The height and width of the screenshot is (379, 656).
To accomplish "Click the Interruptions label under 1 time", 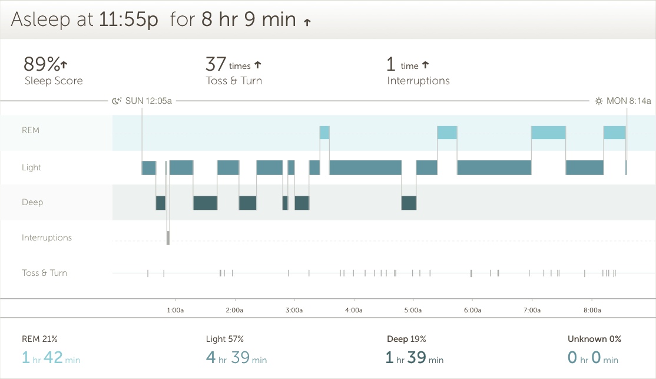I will point(418,81).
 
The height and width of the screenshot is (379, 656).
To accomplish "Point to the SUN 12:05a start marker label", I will point(148,101).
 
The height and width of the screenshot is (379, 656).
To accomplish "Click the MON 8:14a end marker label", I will point(628,101).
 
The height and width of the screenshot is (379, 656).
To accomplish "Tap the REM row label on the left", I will point(31,130).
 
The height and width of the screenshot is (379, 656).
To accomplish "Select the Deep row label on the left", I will point(32,202).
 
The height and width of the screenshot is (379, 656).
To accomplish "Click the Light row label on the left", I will point(32,167).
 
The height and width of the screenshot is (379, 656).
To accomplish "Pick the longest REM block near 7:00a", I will point(548,133).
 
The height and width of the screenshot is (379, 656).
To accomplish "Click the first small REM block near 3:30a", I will point(324,133).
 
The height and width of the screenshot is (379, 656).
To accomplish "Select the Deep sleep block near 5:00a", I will point(409,203).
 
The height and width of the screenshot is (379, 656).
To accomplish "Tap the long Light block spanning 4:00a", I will point(365,167).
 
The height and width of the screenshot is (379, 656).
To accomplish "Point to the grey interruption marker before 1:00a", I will point(168,238).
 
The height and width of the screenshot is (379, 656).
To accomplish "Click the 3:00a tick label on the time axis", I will point(294,310).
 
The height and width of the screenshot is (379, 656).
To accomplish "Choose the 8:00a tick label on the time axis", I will point(592,310).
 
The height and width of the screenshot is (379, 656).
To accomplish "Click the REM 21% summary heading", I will point(39,339).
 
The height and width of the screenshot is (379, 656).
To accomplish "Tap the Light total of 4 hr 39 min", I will point(236,358).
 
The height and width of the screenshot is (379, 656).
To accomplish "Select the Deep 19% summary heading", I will point(406,339).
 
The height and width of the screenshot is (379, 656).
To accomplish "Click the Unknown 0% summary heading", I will point(594,339).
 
